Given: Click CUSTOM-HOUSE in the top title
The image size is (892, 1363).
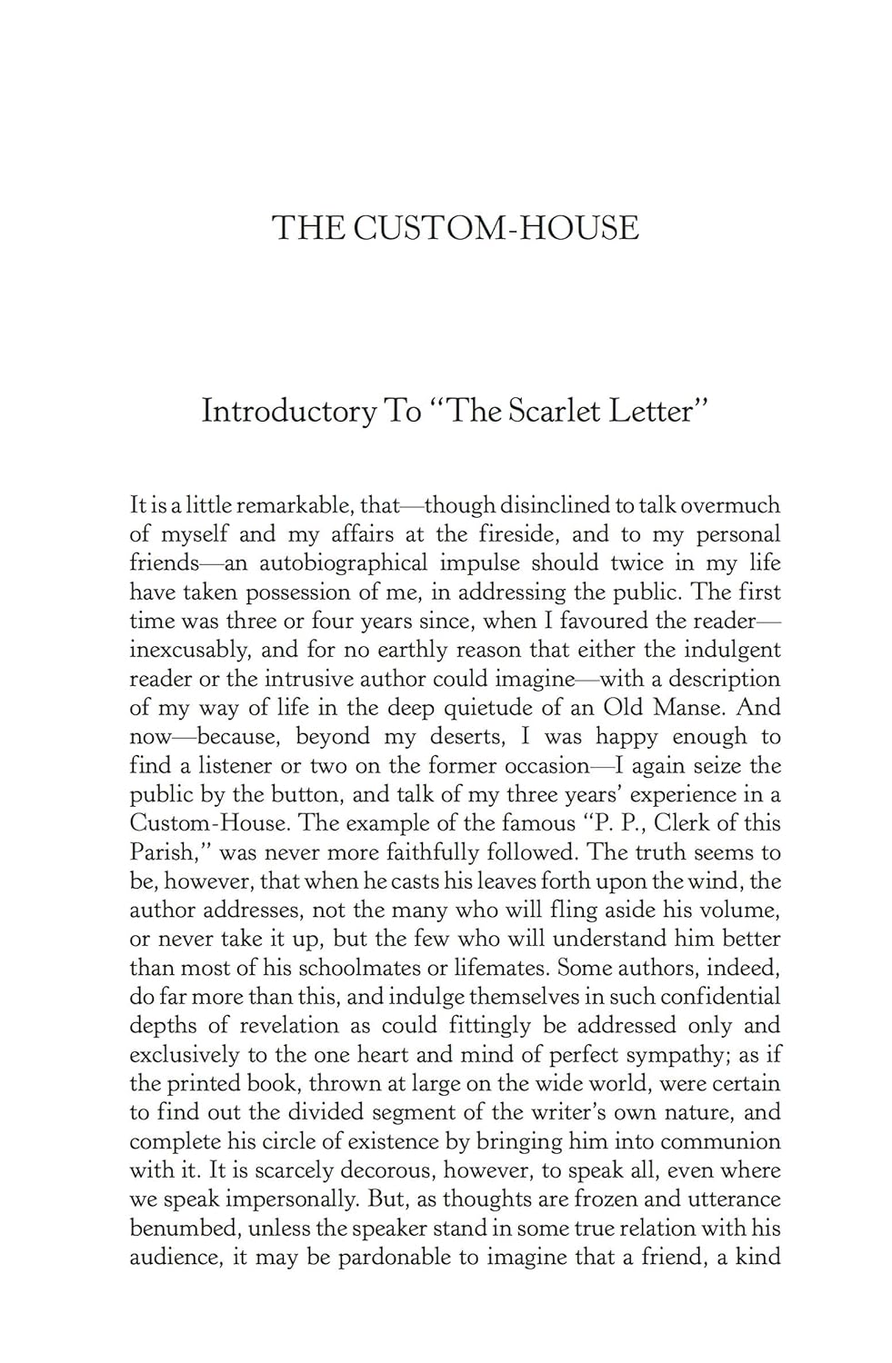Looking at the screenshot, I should (496, 227).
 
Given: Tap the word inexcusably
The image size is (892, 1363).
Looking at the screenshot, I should (187, 651).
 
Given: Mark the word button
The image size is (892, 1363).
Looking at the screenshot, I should (307, 795).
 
